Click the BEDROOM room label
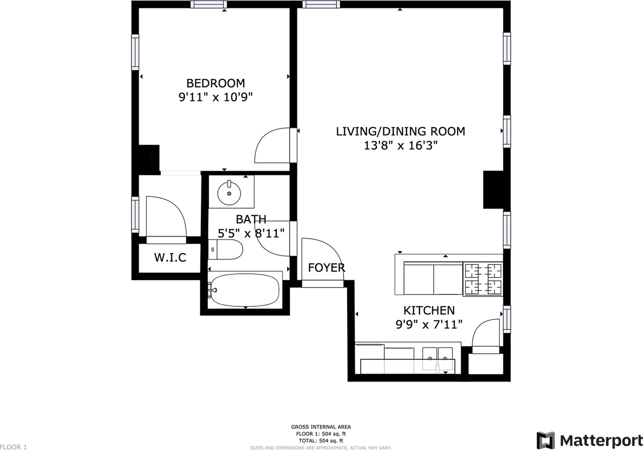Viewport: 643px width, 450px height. point(216,83)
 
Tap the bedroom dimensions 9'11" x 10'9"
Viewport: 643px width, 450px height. point(216,97)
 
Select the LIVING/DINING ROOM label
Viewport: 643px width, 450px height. point(400,131)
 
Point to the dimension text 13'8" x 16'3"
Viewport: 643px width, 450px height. point(400,146)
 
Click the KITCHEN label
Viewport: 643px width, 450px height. point(429,310)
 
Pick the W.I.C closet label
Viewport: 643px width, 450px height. point(170,258)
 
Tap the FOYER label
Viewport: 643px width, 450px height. point(327,268)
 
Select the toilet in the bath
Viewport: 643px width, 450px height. point(226,250)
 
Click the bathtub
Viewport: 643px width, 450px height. point(245,290)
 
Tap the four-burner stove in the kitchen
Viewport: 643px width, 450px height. point(483,279)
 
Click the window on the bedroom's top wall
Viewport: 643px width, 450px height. point(208,5)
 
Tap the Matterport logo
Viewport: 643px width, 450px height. point(589,439)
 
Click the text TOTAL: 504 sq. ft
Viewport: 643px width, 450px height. point(321,440)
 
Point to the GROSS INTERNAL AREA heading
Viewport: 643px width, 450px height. point(321,427)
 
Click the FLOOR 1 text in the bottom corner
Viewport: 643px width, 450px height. point(14,447)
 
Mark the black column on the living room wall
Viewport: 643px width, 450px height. point(493,189)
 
